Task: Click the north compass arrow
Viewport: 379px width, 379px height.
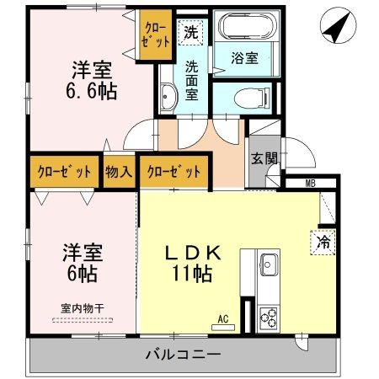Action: (x=336, y=29)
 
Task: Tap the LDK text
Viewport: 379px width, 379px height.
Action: (x=193, y=252)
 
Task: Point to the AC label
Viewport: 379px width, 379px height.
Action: (x=223, y=318)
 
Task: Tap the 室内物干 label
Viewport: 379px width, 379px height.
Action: (x=82, y=308)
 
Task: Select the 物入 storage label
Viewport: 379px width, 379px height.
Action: (x=118, y=172)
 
